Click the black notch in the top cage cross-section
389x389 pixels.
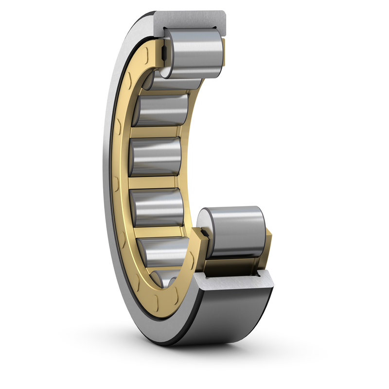(x=164, y=51)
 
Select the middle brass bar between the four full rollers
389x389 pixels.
(x=156, y=182)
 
